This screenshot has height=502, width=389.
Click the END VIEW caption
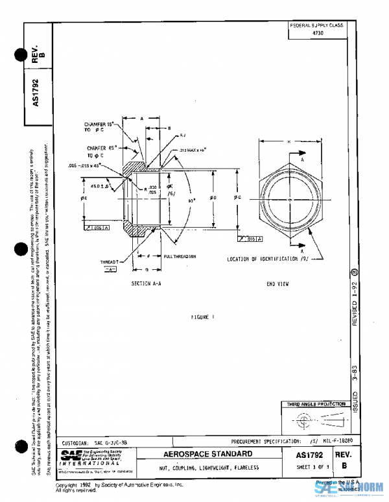pos(277,283)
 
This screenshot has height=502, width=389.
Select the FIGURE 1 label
pos(202,317)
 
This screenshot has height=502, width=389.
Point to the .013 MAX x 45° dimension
pos(193,150)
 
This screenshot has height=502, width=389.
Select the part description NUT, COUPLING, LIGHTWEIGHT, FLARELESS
pos(210,468)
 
